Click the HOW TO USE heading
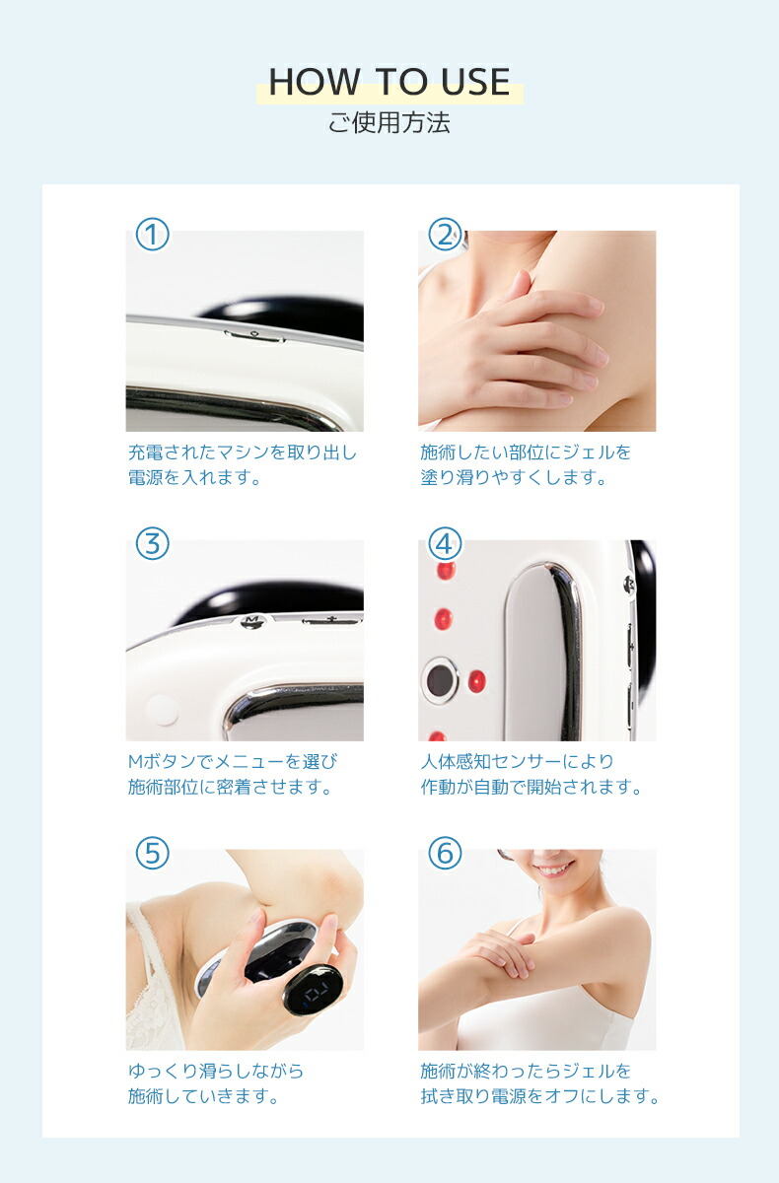click(389, 83)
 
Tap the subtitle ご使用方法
click(389, 124)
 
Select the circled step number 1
click(152, 235)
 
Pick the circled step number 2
click(445, 235)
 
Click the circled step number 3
click(152, 543)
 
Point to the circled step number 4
click(445, 543)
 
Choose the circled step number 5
click(152, 853)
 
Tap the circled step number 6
click(445, 853)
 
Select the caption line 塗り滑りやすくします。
click(513, 478)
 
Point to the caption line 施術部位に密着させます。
click(230, 788)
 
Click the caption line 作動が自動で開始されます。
click(531, 788)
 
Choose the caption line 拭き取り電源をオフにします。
click(539, 1096)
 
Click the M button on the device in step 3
click(252, 620)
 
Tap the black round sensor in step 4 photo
click(440, 679)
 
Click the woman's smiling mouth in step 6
click(554, 869)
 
